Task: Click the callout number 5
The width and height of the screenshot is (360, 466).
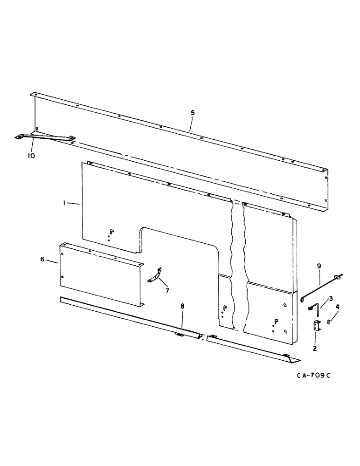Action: click(x=193, y=113)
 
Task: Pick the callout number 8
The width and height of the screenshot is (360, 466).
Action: click(x=182, y=306)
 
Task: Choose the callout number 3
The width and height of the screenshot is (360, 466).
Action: click(x=331, y=298)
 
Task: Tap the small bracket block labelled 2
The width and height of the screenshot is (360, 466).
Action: click(x=317, y=326)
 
